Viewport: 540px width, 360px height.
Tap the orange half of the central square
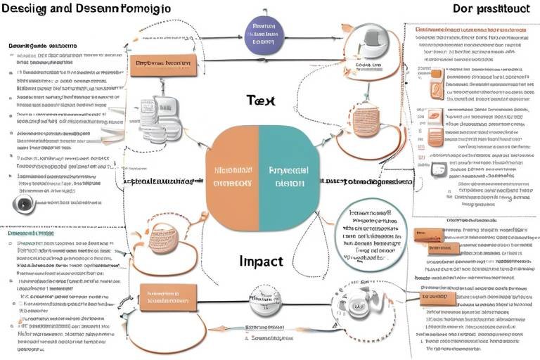pyautogui.click(x=233, y=179)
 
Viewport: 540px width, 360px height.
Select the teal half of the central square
pyautogui.click(x=286, y=179)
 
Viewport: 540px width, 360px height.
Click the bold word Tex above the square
pyautogui.click(x=260, y=101)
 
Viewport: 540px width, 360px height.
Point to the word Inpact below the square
pyautogui.click(x=260, y=261)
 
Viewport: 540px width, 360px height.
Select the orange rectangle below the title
pyautogui.click(x=162, y=65)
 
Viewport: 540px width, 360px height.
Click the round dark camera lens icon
pyautogui.click(x=23, y=205)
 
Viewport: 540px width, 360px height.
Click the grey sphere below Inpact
pyautogui.click(x=265, y=301)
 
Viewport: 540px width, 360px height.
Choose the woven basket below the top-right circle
pyautogui.click(x=366, y=120)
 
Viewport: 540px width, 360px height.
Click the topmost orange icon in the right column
pyautogui.click(x=437, y=79)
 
